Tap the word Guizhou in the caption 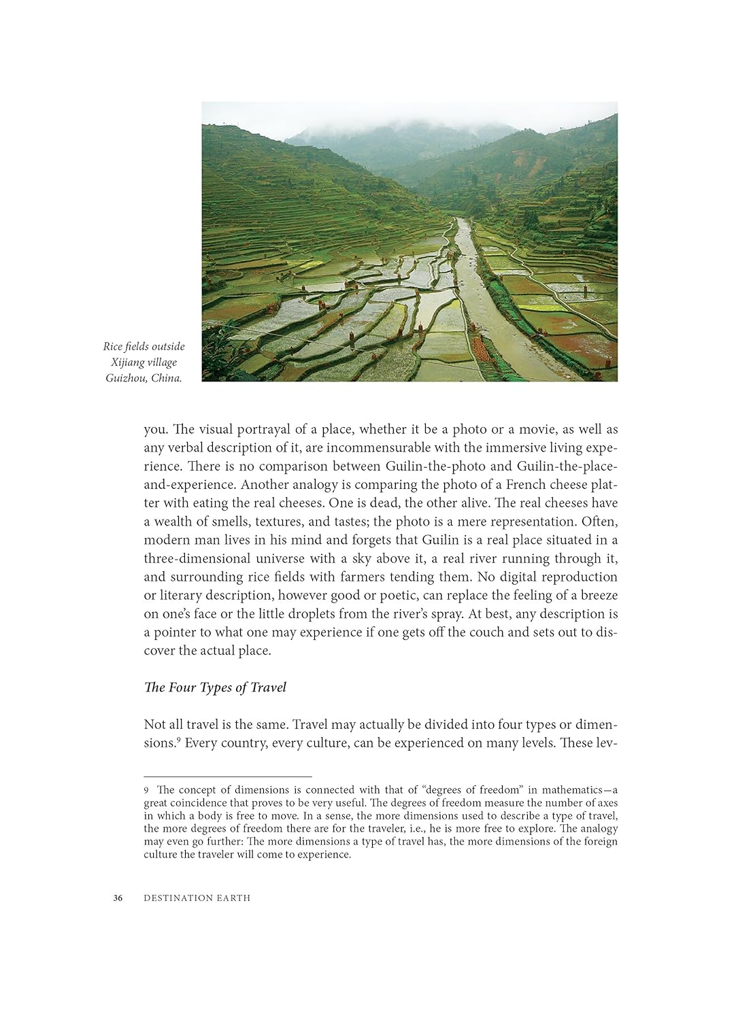[126, 378]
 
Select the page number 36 [118, 898]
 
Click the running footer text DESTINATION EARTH [197, 898]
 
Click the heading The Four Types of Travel [215, 687]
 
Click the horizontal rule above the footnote [228, 777]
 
